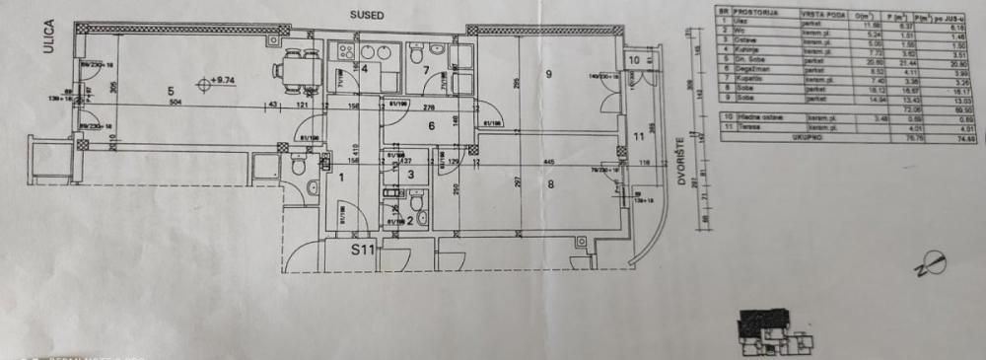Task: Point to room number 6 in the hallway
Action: pyautogui.click(x=431, y=125)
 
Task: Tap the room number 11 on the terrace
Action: pyautogui.click(x=637, y=137)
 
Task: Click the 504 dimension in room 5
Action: pyautogui.click(x=176, y=102)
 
